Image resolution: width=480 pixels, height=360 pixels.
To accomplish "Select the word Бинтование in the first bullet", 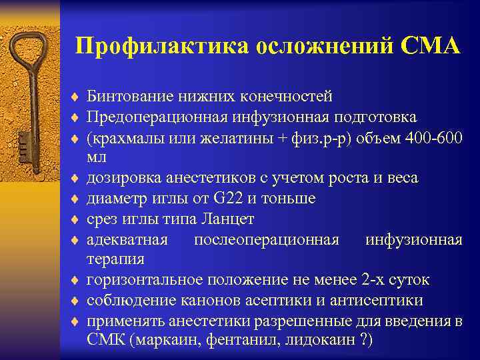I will pyautogui.click(x=127, y=97).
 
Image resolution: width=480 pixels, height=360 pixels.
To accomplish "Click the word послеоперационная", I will pyautogui.click(x=266, y=239).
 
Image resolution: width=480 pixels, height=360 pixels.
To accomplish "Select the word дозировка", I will pyautogui.click(x=121, y=178).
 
